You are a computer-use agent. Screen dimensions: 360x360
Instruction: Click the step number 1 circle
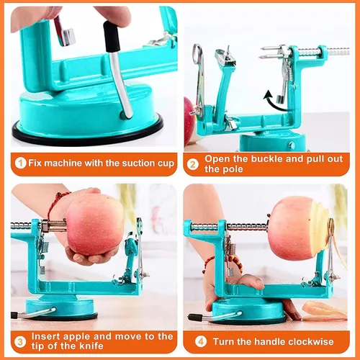tap(20, 163)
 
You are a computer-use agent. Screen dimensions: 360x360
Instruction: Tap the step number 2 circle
tap(193, 165)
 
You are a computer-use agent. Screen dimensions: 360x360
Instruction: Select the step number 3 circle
tap(20, 342)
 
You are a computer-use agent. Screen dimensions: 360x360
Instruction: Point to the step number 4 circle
tap(200, 342)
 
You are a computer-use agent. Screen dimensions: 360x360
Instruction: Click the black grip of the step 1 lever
tap(111, 36)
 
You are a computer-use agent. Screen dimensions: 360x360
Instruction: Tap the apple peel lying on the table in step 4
tap(324, 311)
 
